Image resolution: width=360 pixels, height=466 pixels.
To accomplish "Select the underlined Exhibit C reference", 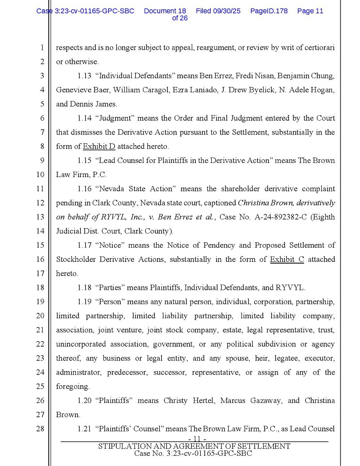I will point(287,260).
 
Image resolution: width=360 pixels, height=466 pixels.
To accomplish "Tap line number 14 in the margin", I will point(40,231).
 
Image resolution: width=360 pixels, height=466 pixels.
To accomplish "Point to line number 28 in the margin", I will point(40,429).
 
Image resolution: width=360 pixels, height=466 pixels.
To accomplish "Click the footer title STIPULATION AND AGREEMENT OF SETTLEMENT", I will point(194,446).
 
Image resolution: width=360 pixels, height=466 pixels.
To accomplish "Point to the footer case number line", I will point(193,454).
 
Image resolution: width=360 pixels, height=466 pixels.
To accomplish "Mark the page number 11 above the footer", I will point(194,439).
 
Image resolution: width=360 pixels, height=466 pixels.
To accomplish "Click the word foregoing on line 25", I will point(72,387).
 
